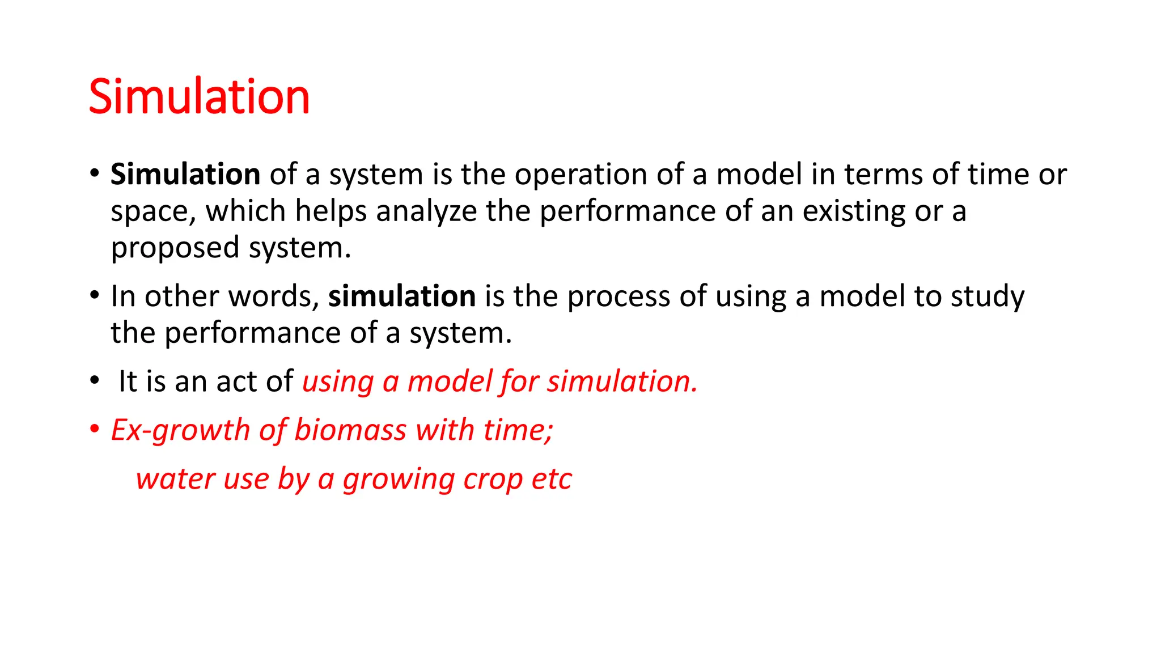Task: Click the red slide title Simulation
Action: point(199,97)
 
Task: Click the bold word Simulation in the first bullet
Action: point(185,174)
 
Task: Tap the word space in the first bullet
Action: point(149,212)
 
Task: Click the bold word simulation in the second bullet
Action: point(402,296)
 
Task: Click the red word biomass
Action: point(350,430)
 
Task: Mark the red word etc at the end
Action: point(552,479)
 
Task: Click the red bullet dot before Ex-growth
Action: point(95,429)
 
